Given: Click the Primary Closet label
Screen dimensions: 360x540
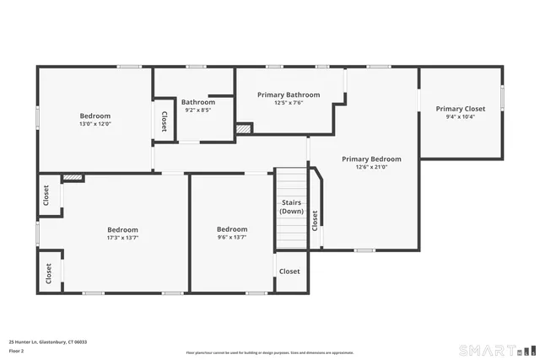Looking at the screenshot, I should [x=460, y=109].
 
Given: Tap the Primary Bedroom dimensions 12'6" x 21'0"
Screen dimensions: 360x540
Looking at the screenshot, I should [x=371, y=167].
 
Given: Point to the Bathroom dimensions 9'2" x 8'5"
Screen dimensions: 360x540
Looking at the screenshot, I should [x=197, y=110].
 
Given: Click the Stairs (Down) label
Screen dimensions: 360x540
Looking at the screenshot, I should [x=291, y=207].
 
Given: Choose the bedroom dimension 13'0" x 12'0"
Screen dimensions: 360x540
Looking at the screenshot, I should [x=95, y=124].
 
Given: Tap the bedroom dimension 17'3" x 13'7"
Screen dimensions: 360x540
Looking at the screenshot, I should [x=122, y=238].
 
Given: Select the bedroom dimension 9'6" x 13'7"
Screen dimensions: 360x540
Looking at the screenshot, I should [x=232, y=238].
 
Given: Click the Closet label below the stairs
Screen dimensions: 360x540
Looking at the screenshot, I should [x=289, y=271].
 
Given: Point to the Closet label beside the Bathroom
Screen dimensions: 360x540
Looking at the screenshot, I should [x=163, y=121].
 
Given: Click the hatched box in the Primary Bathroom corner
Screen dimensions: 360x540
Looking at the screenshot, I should [x=244, y=129].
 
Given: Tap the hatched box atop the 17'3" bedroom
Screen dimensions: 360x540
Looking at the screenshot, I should [x=73, y=178].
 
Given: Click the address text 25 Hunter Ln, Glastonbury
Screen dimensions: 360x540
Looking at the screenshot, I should [x=47, y=342].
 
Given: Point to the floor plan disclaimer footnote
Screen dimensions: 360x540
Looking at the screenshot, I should [x=270, y=352].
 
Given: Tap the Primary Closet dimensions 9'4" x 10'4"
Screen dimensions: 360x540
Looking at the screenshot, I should [x=460, y=117].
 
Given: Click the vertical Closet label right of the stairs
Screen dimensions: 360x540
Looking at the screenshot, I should [x=315, y=220].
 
